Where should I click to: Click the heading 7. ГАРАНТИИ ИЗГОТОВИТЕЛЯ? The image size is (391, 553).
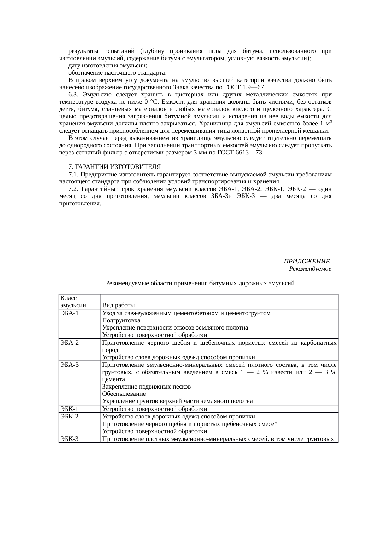tap(114, 166)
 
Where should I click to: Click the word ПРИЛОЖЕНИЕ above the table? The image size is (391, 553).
tap(306, 262)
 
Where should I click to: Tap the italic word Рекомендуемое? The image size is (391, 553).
tap(310, 269)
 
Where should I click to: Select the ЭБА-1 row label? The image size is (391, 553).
tap(69, 313)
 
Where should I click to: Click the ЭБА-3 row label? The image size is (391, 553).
tap(69, 365)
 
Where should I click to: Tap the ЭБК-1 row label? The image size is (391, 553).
tap(69, 409)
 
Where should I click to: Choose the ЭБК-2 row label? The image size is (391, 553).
tap(69, 416)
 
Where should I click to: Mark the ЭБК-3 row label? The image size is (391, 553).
tap(69, 439)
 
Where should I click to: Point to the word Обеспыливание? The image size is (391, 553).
tap(124, 394)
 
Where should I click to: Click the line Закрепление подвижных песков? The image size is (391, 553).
tap(146, 387)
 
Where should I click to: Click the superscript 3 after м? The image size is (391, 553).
tap(331, 122)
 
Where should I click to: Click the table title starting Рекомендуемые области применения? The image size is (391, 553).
tap(200, 283)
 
